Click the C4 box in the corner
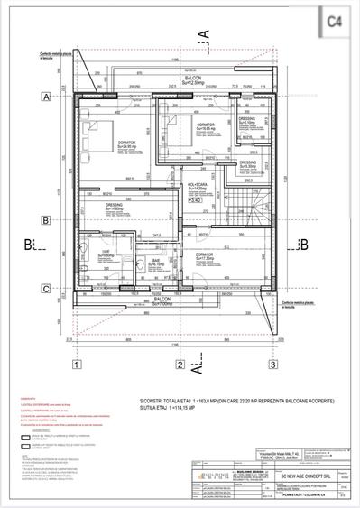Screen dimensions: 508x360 pyautogui.click(x=334, y=19)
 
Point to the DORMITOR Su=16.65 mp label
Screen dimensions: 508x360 pyautogui.click(x=206, y=125)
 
